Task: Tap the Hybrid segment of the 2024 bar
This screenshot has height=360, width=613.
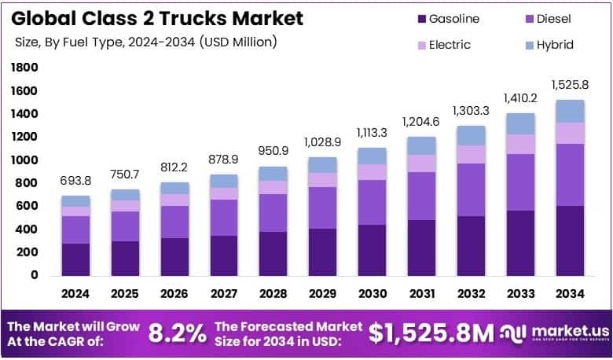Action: (76, 201)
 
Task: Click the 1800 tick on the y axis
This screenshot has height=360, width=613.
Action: (24, 68)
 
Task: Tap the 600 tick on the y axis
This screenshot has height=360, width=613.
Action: (27, 207)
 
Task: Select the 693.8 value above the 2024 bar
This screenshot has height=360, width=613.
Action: (76, 181)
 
